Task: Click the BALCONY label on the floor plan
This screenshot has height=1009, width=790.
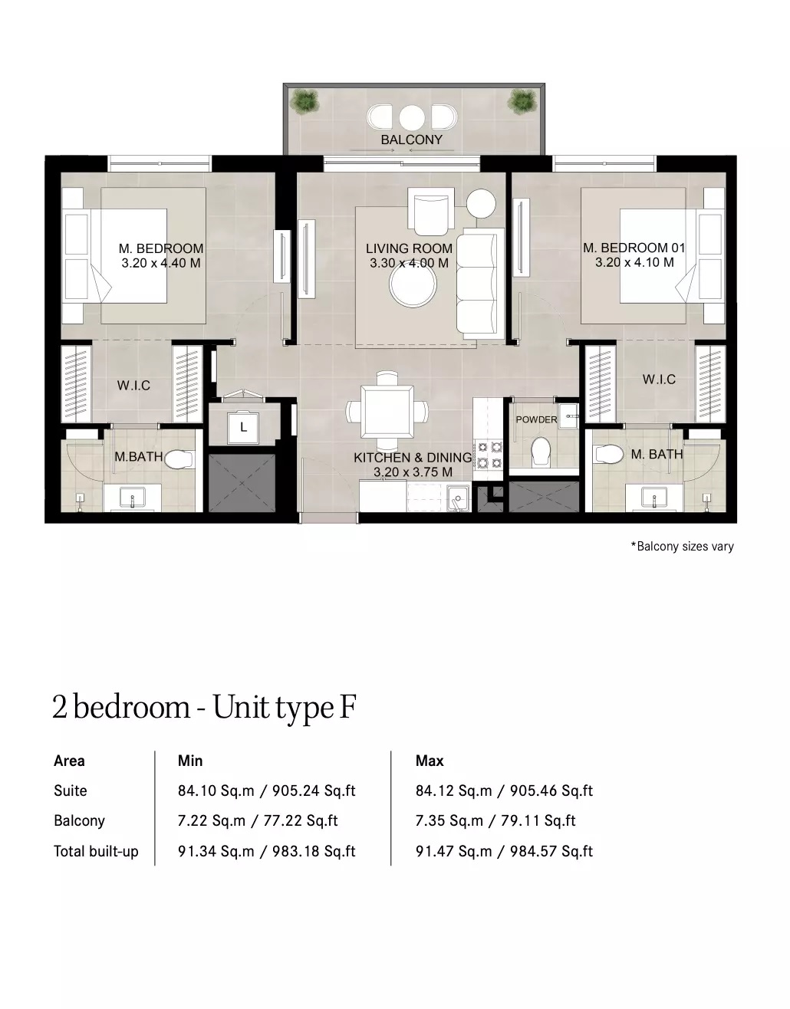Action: [x=411, y=140]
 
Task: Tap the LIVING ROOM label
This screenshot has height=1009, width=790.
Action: [x=409, y=248]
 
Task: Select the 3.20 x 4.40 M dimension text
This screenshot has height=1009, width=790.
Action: [x=161, y=263]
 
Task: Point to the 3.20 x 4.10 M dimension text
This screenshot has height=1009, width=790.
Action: [x=634, y=262]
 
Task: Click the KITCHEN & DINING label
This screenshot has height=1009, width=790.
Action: [x=413, y=458]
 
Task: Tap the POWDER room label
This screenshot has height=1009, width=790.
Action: [x=536, y=419]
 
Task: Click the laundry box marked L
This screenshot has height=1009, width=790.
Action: [x=243, y=427]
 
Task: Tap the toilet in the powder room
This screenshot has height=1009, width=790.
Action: [x=541, y=451]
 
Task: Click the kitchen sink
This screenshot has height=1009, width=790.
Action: [x=459, y=498]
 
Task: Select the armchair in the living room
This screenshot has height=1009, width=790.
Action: [x=430, y=209]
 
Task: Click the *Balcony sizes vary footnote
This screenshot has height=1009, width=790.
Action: [x=682, y=547]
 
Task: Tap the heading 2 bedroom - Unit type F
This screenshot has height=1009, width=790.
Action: [x=204, y=707]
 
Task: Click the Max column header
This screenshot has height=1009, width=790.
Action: [x=430, y=761]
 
